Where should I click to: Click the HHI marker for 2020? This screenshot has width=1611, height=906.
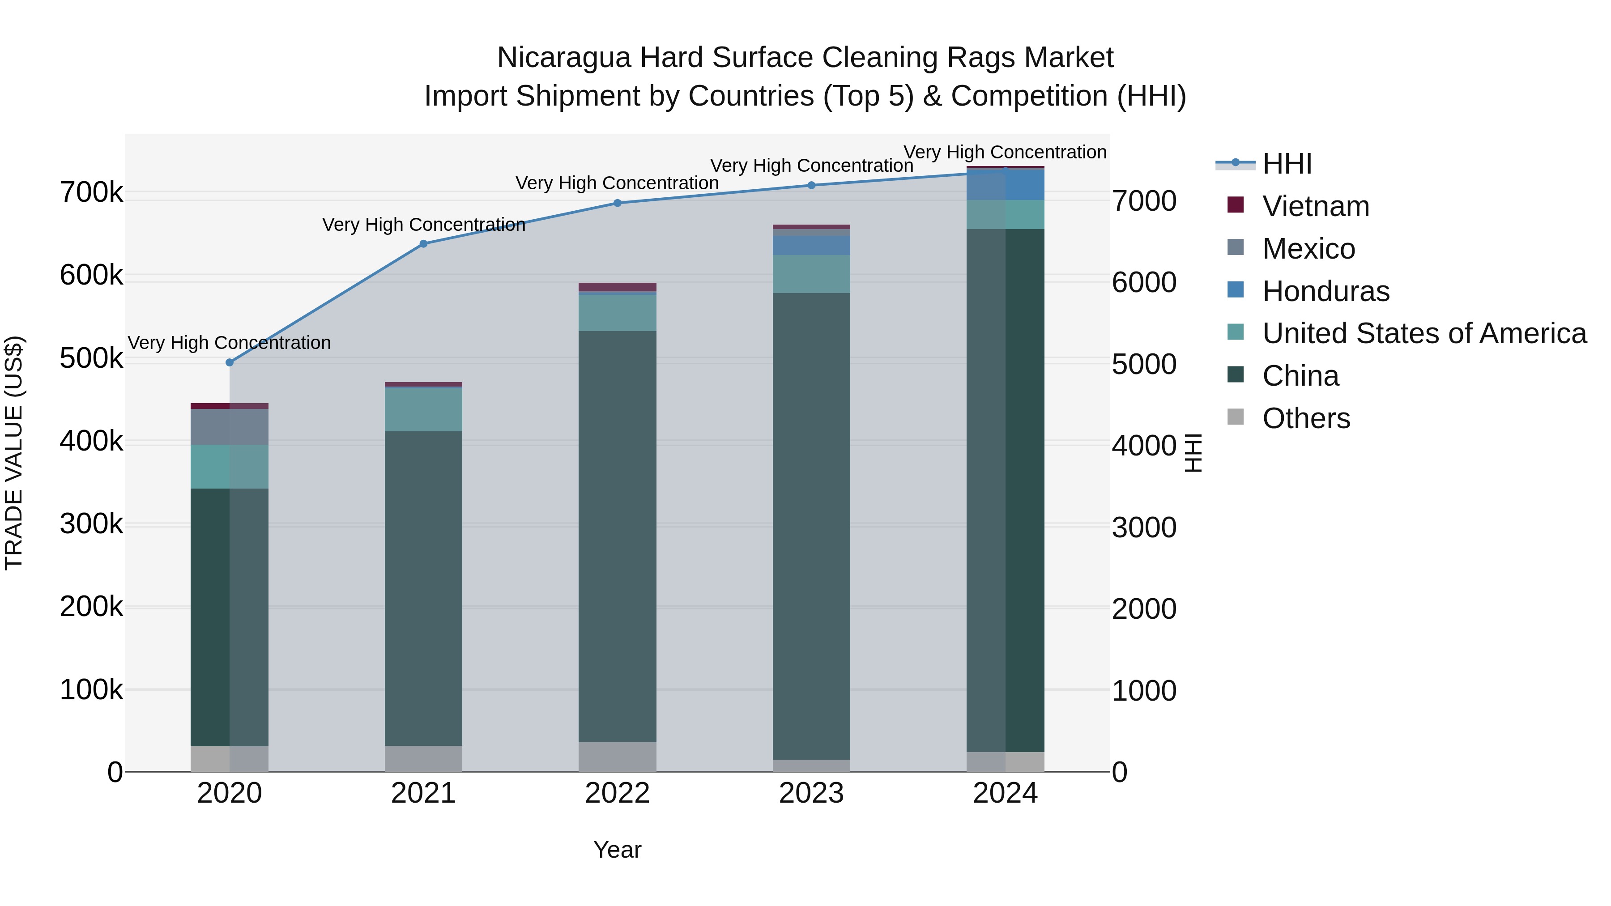tap(230, 363)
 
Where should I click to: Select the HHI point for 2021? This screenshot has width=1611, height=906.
tap(423, 244)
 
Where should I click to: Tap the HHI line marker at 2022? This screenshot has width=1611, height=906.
tap(617, 203)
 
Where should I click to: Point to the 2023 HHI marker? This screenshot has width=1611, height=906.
tap(812, 185)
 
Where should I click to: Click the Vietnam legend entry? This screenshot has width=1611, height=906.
tap(1315, 206)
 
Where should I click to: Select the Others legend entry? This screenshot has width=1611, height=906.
tap(1306, 418)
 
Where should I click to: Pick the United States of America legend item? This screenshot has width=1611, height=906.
tap(1424, 333)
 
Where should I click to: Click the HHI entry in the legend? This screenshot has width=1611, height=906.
tap(1287, 164)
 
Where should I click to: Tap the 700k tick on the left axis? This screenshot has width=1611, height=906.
tap(91, 192)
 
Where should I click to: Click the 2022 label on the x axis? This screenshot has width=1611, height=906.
tap(617, 793)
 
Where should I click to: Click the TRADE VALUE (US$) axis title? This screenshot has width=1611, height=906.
tap(14, 453)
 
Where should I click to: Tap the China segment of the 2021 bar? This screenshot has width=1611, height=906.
tap(423, 588)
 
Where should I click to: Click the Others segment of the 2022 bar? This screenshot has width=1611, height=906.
tap(617, 757)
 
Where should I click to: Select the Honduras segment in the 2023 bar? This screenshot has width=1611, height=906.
tap(812, 245)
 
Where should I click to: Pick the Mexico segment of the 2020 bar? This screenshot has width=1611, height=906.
tap(230, 427)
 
